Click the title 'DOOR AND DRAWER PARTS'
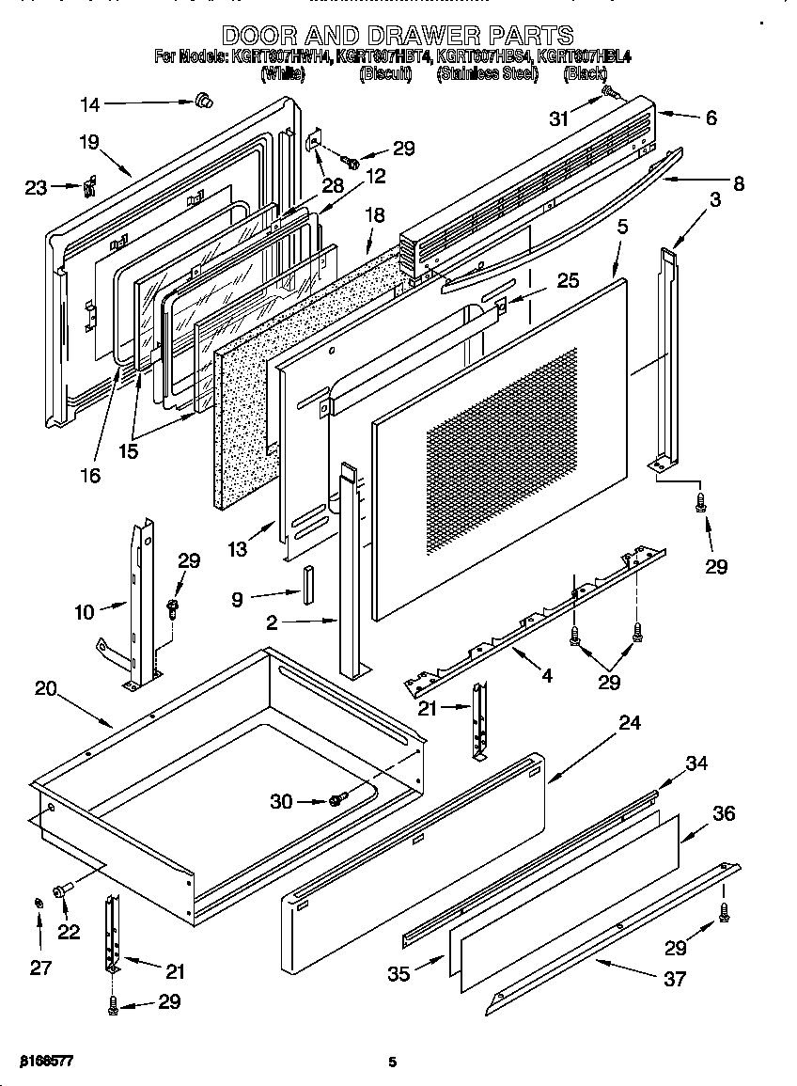pos(398,36)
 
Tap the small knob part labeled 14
pos(202,100)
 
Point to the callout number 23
pos(36,187)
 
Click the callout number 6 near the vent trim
pos(711,118)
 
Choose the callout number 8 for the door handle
pos(738,184)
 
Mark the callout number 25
pos(567,279)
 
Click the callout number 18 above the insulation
pos(374,214)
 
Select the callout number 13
pos(238,549)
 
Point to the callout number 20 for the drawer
pos(46,687)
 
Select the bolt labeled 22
pos(63,889)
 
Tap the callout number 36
pos(724,814)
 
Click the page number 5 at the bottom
pos(393,1062)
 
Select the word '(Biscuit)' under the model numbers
pos(385,74)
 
